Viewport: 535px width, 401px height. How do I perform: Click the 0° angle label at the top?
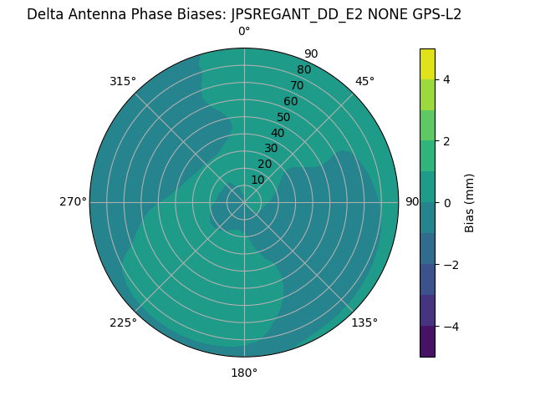(244, 32)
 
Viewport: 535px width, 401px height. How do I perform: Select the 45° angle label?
(364, 81)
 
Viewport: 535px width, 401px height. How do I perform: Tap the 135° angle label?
(364, 322)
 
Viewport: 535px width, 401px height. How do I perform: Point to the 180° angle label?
(244, 373)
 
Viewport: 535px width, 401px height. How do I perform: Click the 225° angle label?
(123, 322)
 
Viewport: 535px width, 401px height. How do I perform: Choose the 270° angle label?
(73, 202)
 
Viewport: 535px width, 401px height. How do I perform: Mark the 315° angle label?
(123, 81)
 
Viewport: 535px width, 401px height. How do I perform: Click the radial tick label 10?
(257, 180)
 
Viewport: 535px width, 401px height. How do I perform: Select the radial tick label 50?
(283, 118)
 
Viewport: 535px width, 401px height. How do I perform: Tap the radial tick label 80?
(303, 70)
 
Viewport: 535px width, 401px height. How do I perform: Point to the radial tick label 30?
(271, 149)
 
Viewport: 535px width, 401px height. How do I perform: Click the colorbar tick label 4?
(446, 80)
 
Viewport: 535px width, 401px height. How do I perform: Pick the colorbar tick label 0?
(446, 203)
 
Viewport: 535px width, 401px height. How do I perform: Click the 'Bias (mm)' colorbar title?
(470, 203)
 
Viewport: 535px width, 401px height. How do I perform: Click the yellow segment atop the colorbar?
(428, 64)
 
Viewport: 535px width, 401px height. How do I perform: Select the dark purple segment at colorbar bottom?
(428, 342)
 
